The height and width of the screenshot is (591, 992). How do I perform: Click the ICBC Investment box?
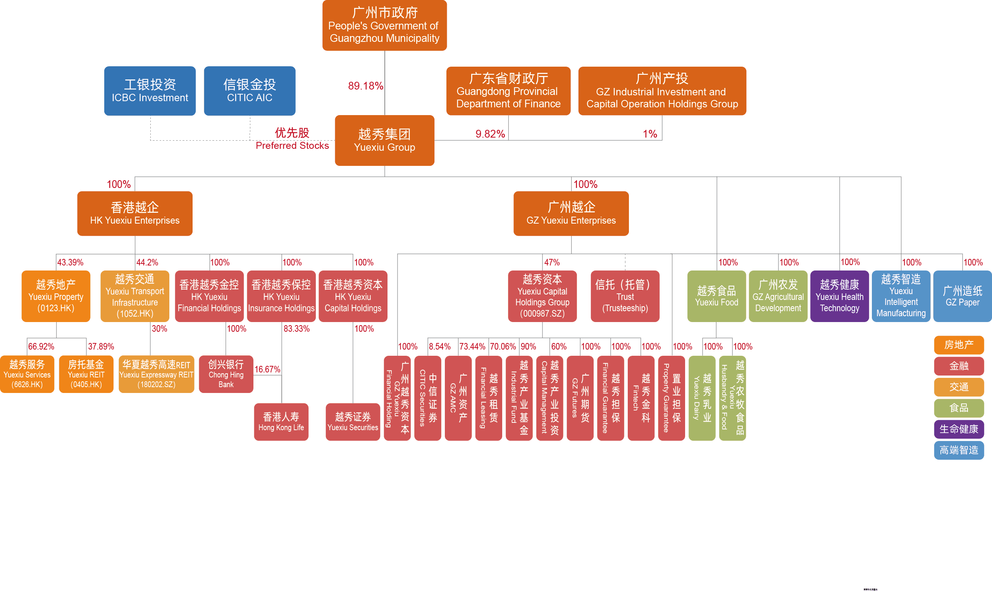tap(150, 91)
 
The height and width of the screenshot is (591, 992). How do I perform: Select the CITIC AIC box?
tap(250, 91)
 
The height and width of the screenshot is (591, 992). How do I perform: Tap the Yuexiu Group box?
tap(384, 140)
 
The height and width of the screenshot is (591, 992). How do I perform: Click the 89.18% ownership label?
tap(365, 86)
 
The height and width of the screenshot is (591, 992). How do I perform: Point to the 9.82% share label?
tap(490, 134)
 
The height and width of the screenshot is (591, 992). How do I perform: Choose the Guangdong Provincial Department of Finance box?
tap(508, 91)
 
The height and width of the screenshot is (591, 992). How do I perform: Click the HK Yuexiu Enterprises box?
tap(135, 214)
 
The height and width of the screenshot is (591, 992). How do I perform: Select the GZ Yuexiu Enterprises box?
tap(571, 214)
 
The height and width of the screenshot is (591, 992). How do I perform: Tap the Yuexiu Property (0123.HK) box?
tap(56, 296)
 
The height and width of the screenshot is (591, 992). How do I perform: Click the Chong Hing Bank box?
tap(226, 374)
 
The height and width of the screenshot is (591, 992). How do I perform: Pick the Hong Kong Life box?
tap(281, 422)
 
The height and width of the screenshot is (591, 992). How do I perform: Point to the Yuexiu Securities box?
tap(353, 422)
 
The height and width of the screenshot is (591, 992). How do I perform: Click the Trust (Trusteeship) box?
tap(625, 296)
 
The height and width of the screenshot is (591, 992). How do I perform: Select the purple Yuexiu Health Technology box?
tap(840, 296)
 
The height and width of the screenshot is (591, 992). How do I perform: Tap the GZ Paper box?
tap(963, 296)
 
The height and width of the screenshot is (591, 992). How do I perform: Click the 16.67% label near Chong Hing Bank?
tap(267, 369)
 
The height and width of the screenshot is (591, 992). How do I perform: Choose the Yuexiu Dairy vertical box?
tap(702, 398)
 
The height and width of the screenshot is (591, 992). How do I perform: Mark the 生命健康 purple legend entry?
tap(959, 429)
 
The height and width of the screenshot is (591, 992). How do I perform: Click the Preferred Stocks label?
tap(292, 145)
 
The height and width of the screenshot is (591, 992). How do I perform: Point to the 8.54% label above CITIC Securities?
tap(439, 346)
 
